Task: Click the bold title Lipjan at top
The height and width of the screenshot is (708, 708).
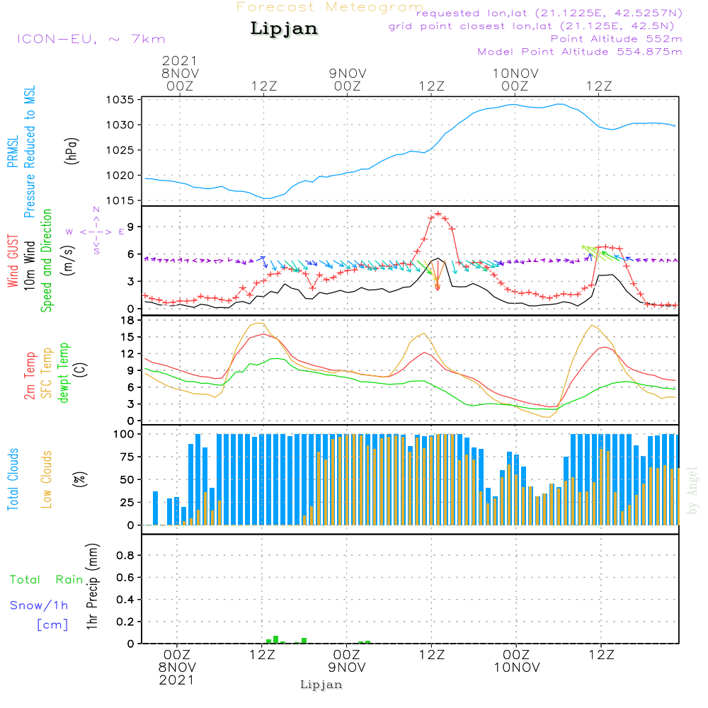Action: pyautogui.click(x=284, y=29)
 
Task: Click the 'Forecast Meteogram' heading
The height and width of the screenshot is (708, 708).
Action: pyautogui.click(x=330, y=8)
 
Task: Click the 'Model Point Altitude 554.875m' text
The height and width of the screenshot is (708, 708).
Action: pyautogui.click(x=580, y=52)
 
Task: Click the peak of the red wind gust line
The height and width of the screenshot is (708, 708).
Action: pyautogui.click(x=438, y=213)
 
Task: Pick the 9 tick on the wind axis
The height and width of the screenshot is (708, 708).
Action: pyautogui.click(x=130, y=227)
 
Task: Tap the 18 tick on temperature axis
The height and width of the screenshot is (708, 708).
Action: pyautogui.click(x=127, y=320)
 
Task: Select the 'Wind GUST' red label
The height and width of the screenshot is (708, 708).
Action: pyautogui.click(x=13, y=262)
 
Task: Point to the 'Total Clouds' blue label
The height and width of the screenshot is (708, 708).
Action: pyautogui.click(x=13, y=479)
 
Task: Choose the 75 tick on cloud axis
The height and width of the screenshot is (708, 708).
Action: pyautogui.click(x=125, y=457)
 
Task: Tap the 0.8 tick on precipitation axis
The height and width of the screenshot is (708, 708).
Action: pyautogui.click(x=125, y=556)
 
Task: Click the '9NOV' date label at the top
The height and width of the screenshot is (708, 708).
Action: pyautogui.click(x=347, y=73)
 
